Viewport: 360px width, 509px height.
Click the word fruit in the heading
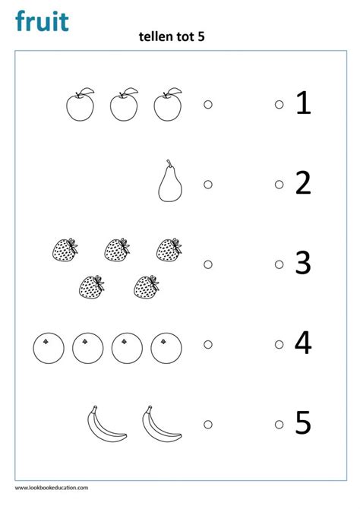pyautogui.click(x=42, y=21)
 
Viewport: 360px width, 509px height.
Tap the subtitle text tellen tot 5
pyautogui.click(x=172, y=36)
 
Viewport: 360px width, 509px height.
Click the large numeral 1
pyautogui.click(x=304, y=103)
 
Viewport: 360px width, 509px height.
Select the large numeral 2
pyautogui.click(x=303, y=183)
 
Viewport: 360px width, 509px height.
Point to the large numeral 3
pyautogui.click(x=303, y=263)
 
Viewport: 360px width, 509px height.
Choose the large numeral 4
pyautogui.click(x=303, y=343)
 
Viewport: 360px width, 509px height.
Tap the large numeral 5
pyautogui.click(x=303, y=422)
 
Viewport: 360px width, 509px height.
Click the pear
pyautogui.click(x=170, y=184)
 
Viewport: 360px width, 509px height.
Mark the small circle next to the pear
pyautogui.click(x=208, y=185)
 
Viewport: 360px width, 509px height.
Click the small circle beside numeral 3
pyautogui.click(x=279, y=264)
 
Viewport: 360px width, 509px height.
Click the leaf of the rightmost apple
pyautogui.click(x=175, y=91)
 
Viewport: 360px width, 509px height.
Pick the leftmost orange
pyautogui.click(x=49, y=348)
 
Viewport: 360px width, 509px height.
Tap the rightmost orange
pyautogui.click(x=166, y=348)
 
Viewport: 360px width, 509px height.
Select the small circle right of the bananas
pyautogui.click(x=208, y=424)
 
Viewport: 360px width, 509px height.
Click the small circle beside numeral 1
pyautogui.click(x=279, y=104)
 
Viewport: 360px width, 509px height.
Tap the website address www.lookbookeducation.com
pyautogui.click(x=52, y=488)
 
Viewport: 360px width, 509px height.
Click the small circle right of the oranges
pyautogui.click(x=208, y=344)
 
